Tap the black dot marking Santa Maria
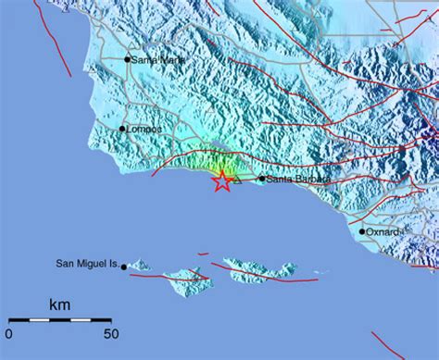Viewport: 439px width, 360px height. click(x=128, y=59)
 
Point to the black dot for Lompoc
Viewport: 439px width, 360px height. click(x=121, y=129)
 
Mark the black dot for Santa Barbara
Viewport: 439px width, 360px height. click(x=262, y=180)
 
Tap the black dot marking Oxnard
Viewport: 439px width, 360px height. click(x=362, y=231)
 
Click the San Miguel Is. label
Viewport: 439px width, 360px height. click(x=82, y=266)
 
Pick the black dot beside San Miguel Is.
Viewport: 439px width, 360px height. click(x=123, y=267)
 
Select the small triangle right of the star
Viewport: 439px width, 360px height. click(x=237, y=181)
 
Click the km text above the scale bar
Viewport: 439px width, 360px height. click(x=59, y=304)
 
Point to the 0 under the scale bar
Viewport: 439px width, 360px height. click(x=8, y=334)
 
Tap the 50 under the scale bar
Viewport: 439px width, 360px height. click(x=110, y=334)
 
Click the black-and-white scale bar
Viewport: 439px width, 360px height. click(x=59, y=319)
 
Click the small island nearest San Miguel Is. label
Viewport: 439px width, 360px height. click(x=140, y=266)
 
